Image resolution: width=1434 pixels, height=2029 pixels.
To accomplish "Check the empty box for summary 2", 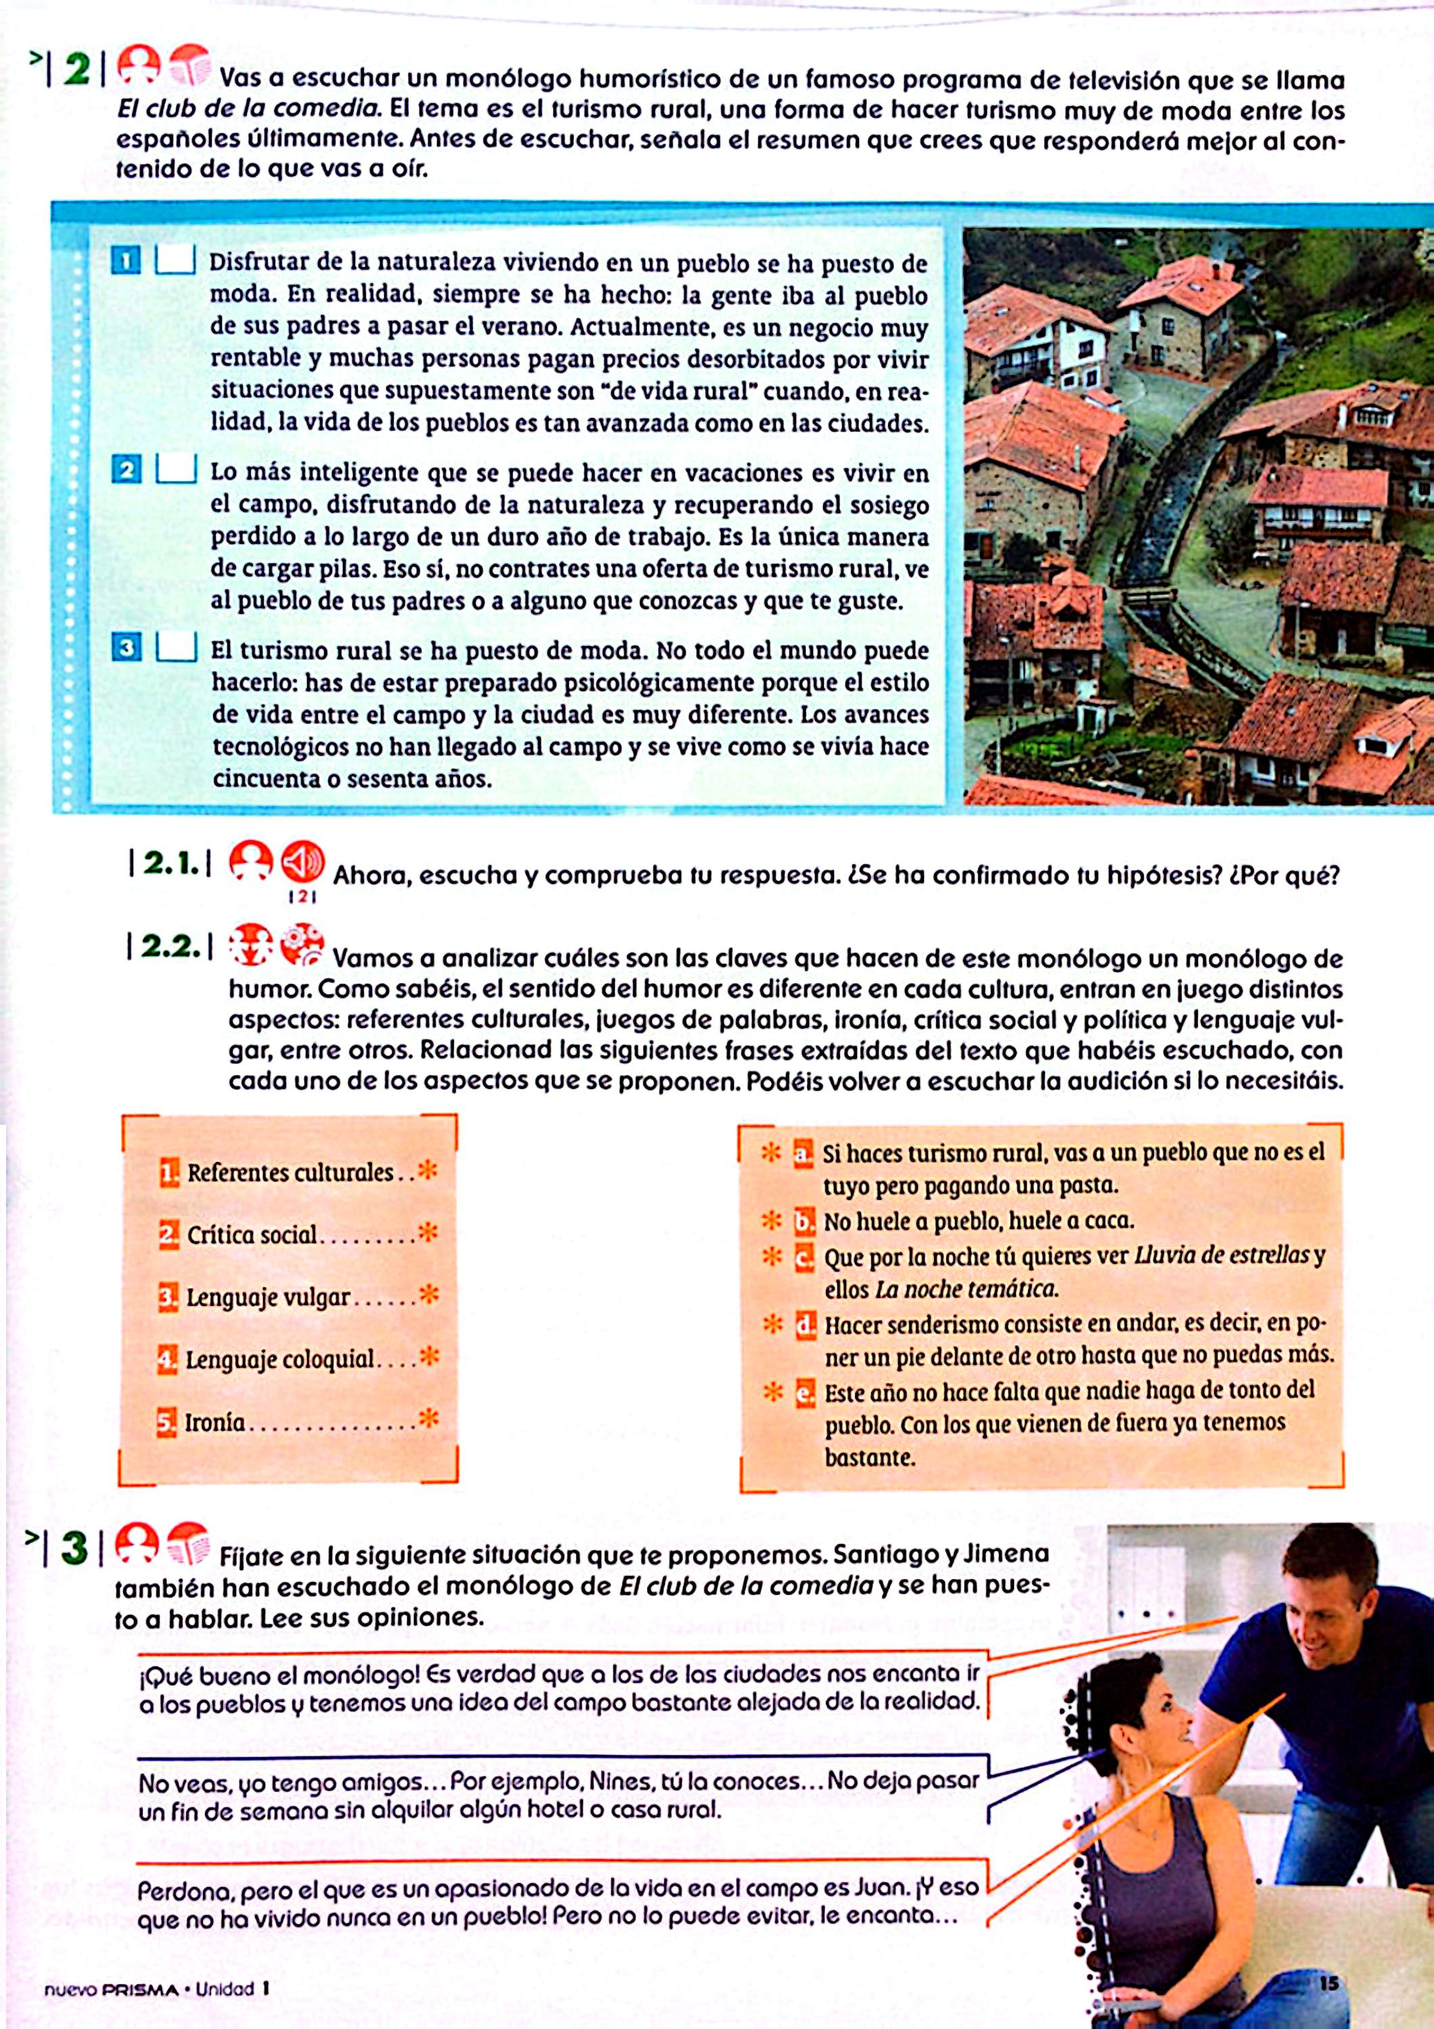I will pyautogui.click(x=176, y=469).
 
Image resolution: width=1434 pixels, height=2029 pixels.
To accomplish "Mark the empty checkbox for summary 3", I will pyautogui.click(x=176, y=648).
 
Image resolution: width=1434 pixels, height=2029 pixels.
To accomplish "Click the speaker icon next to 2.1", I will pyautogui.click(x=302, y=862).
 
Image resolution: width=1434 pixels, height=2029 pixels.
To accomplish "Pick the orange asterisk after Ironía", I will pyautogui.click(x=429, y=1419).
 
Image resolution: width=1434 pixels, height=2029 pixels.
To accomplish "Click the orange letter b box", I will pyautogui.click(x=803, y=1222).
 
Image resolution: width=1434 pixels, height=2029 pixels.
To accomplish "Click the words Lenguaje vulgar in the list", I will pyautogui.click(x=269, y=1297).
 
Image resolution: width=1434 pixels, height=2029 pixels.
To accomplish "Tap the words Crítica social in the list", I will pyautogui.click(x=252, y=1234).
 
